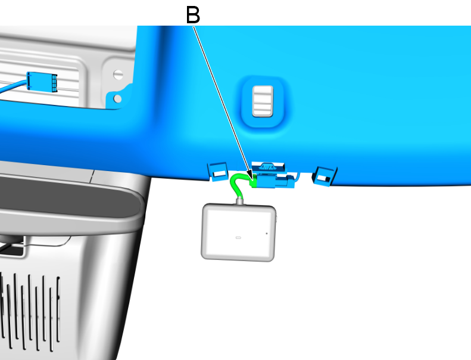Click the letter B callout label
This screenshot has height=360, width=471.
[193, 14]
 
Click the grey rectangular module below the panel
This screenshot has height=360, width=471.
[239, 232]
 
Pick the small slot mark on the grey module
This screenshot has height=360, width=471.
[238, 237]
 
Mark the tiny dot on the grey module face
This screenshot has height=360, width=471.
[266, 233]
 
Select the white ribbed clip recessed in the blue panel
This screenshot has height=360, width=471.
[262, 101]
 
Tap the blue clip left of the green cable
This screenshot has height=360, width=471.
[217, 172]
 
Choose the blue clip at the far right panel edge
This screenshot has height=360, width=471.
[325, 175]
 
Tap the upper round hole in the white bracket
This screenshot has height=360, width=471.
[118, 75]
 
